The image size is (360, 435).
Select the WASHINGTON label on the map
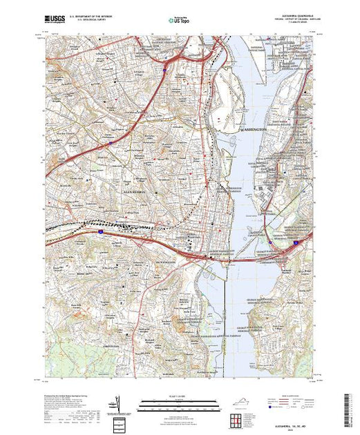[255, 128]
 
